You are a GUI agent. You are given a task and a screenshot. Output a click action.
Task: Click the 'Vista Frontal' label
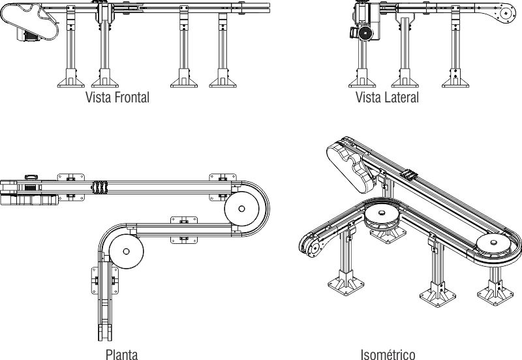pyautogui.click(x=117, y=97)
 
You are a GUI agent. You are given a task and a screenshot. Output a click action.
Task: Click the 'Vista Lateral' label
pyautogui.click(x=387, y=97)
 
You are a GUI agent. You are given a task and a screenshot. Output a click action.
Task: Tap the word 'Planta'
pyautogui.click(x=121, y=354)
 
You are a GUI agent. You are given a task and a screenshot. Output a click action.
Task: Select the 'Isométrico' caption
pyautogui.click(x=388, y=354)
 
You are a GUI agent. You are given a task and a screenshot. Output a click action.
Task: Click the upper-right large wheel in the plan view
pyautogui.click(x=241, y=209)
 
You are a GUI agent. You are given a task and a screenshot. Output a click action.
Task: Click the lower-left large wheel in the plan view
pyautogui.click(x=126, y=251)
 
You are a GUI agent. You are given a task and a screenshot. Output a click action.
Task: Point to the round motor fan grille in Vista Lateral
pyautogui.click(x=365, y=33)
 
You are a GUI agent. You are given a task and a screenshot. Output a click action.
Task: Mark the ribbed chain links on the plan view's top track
pyautogui.click(x=100, y=187)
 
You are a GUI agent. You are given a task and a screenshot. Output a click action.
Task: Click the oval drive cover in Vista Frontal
pyautogui.click(x=29, y=21)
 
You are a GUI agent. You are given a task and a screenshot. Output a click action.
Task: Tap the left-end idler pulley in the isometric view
pyautogui.click(x=313, y=247)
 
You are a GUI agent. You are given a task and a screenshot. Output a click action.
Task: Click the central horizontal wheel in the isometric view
pyautogui.click(x=382, y=217)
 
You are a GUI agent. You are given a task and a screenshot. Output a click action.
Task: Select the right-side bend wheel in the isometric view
pyautogui.click(x=493, y=245)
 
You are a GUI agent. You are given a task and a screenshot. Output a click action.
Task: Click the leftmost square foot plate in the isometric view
pyautogui.click(x=346, y=286)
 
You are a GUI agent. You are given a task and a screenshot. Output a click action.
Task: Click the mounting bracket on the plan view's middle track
pyautogui.click(x=184, y=230)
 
